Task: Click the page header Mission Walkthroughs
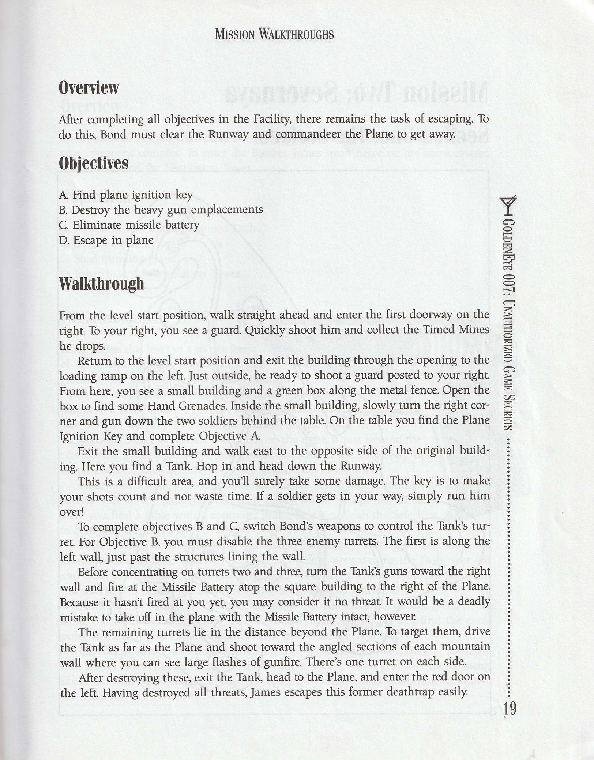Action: [x=274, y=34]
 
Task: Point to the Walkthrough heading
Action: [x=101, y=283]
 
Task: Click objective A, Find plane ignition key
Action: [x=125, y=195]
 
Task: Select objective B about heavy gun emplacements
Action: [x=161, y=210]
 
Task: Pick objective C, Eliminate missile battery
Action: [x=129, y=225]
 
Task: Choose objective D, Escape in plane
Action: [x=106, y=240]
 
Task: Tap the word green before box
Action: [x=276, y=391]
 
